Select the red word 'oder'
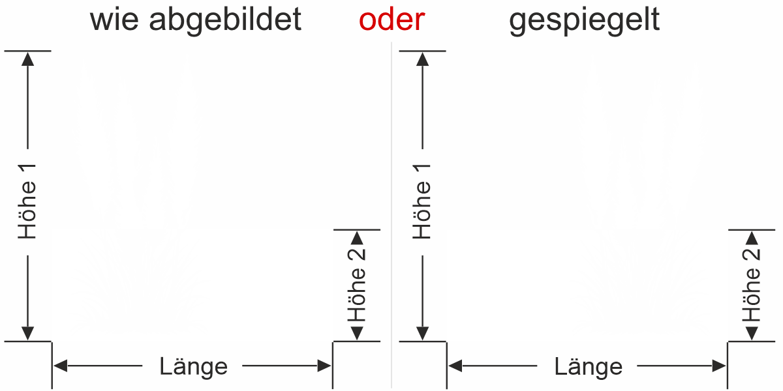pos(391,20)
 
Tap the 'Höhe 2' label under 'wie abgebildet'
pos(356,285)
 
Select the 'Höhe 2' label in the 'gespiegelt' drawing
pos(752,285)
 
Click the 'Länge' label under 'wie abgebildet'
pos(193,366)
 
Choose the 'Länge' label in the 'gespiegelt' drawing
pos(589,366)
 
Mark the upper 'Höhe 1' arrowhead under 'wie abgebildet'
pos(27,59)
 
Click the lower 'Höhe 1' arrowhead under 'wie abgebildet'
pos(27,332)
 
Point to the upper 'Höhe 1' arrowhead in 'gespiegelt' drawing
pos(423,59)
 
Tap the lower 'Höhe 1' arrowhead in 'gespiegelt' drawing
pos(423,332)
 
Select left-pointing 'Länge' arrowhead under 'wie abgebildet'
pos(61,366)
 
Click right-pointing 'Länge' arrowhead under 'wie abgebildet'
pos(324,366)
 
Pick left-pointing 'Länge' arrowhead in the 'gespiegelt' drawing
pos(455,366)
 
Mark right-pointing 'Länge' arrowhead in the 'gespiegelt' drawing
pos(719,366)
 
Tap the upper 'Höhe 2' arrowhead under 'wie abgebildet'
pos(356,238)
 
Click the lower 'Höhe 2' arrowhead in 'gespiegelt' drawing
pos(752,332)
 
